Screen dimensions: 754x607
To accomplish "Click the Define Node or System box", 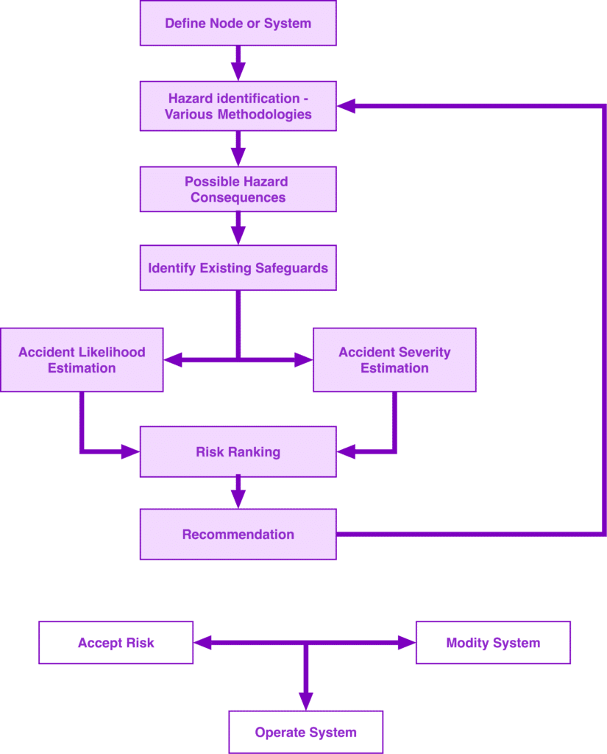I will (x=238, y=24).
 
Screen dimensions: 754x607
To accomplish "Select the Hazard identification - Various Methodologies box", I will (x=238, y=106).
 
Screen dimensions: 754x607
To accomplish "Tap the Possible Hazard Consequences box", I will (x=238, y=189).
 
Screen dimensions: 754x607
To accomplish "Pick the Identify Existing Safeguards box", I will (x=238, y=268).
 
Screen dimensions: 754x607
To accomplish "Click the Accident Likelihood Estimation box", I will (x=82, y=360).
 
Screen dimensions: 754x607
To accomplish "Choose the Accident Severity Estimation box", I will (x=394, y=360).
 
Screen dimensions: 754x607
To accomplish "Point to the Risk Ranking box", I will (x=238, y=452).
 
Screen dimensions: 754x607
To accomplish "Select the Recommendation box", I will (x=238, y=535).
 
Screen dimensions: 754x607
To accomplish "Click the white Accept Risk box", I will (x=116, y=643).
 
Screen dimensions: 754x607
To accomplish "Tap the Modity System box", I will (x=493, y=643).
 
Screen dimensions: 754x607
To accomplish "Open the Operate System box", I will (x=305, y=732).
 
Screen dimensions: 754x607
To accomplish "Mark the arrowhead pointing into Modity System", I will (x=406, y=643).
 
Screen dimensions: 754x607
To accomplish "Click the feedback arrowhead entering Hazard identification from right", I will (x=347, y=107).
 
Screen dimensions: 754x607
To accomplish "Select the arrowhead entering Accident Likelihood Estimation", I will (x=173, y=360).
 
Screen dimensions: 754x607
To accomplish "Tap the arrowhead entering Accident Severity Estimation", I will (x=304, y=360).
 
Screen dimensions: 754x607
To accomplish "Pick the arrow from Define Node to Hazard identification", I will (x=238, y=63).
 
